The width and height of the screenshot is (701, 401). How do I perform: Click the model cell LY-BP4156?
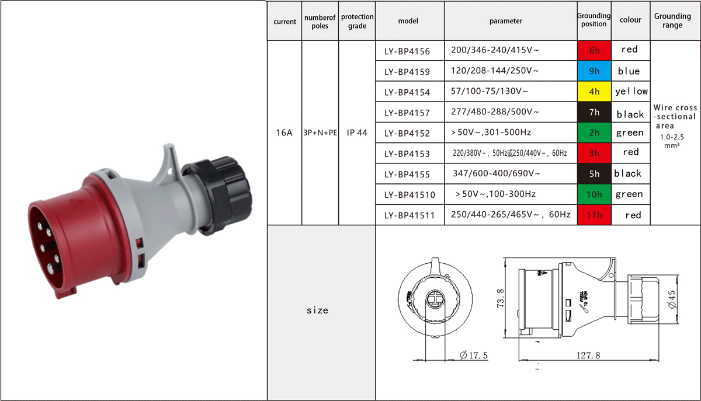point(407,51)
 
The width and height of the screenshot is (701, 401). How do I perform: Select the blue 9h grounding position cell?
point(594,71)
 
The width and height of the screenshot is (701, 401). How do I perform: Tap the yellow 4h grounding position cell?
point(594,91)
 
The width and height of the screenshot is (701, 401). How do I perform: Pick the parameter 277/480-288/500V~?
point(495,111)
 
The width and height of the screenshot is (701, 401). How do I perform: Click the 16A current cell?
point(284,132)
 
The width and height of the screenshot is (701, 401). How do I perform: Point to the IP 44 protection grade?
point(357,132)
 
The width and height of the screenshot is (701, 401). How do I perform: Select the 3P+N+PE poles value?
point(320,132)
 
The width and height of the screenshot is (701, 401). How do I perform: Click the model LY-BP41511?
point(410,215)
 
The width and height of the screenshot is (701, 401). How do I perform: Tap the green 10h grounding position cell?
point(594,194)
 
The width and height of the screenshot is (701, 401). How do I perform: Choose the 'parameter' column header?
point(506,21)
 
